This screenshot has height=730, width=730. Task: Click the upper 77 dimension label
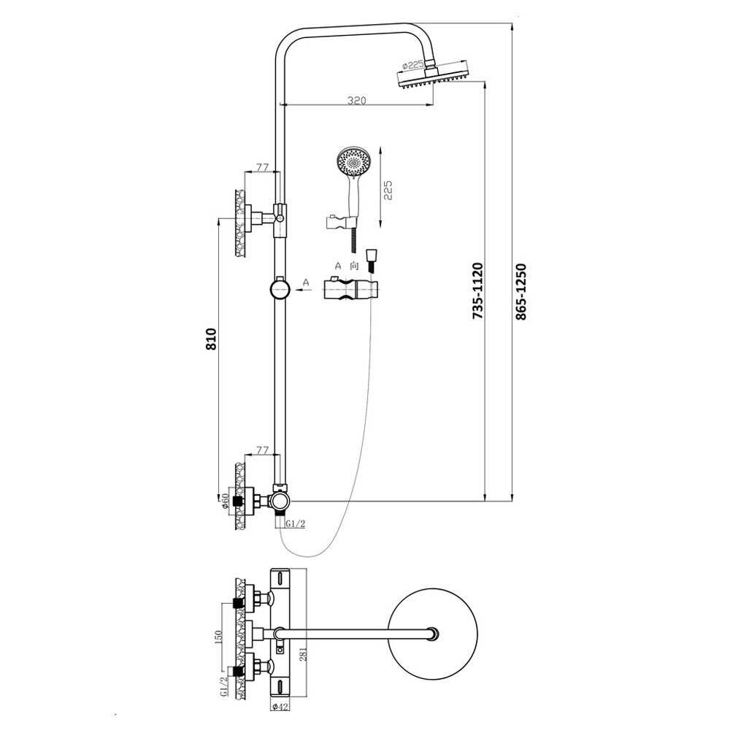pyautogui.click(x=262, y=166)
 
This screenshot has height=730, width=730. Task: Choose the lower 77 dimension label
pyautogui.click(x=262, y=450)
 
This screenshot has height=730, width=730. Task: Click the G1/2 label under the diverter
pyautogui.click(x=295, y=523)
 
